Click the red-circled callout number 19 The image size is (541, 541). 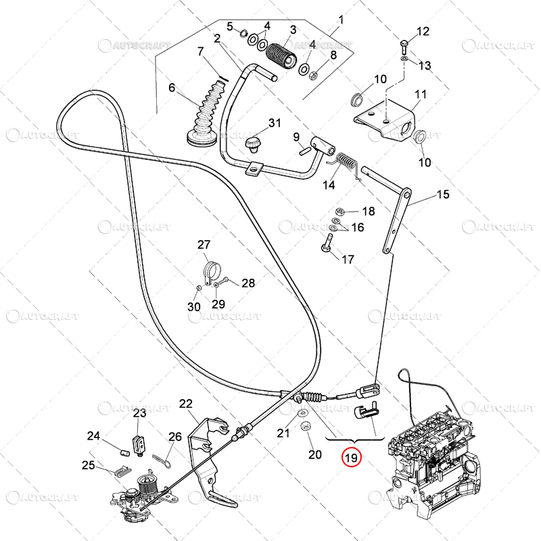(351, 458)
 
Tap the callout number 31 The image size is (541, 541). (275, 123)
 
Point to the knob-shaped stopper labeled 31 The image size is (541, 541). (255, 143)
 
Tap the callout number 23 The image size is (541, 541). (139, 413)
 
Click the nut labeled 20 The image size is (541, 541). (304, 427)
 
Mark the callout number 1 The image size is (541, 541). (341, 20)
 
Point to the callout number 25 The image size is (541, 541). (88, 465)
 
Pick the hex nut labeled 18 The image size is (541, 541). (341, 211)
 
